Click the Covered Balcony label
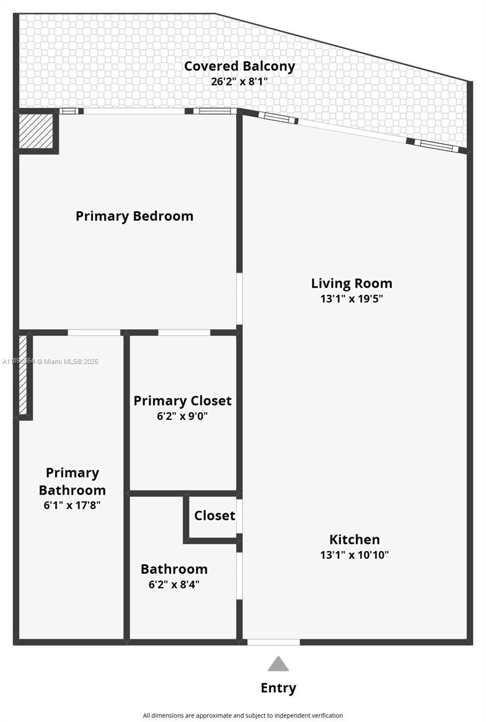[239, 66]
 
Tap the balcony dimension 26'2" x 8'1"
[239, 82]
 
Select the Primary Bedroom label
[134, 216]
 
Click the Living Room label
[351, 283]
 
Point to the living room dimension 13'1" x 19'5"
[351, 298]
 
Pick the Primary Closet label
[182, 401]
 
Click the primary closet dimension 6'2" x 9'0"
[182, 416]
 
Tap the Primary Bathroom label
[72, 481]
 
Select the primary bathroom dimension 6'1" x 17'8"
[72, 505]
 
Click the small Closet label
[214, 516]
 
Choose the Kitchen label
[354, 539]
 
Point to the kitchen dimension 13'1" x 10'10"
[354, 555]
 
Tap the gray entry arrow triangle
[278, 664]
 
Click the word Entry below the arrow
[278, 688]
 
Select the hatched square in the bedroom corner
[37, 131]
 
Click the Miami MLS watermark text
[51, 362]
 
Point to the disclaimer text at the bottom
[243, 715]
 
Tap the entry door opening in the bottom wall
[273, 642]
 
